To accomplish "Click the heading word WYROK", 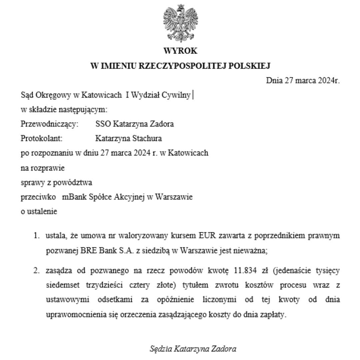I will pos(180,51).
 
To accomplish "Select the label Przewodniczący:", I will pos(49,124).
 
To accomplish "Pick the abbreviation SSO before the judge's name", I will pos(103,124).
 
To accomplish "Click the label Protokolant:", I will pos(42,139).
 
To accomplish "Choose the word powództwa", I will pos(76,183).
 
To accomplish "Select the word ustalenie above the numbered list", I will pos(42,211).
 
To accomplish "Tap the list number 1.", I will pos(36,236).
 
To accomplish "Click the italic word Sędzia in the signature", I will pos(161,349).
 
